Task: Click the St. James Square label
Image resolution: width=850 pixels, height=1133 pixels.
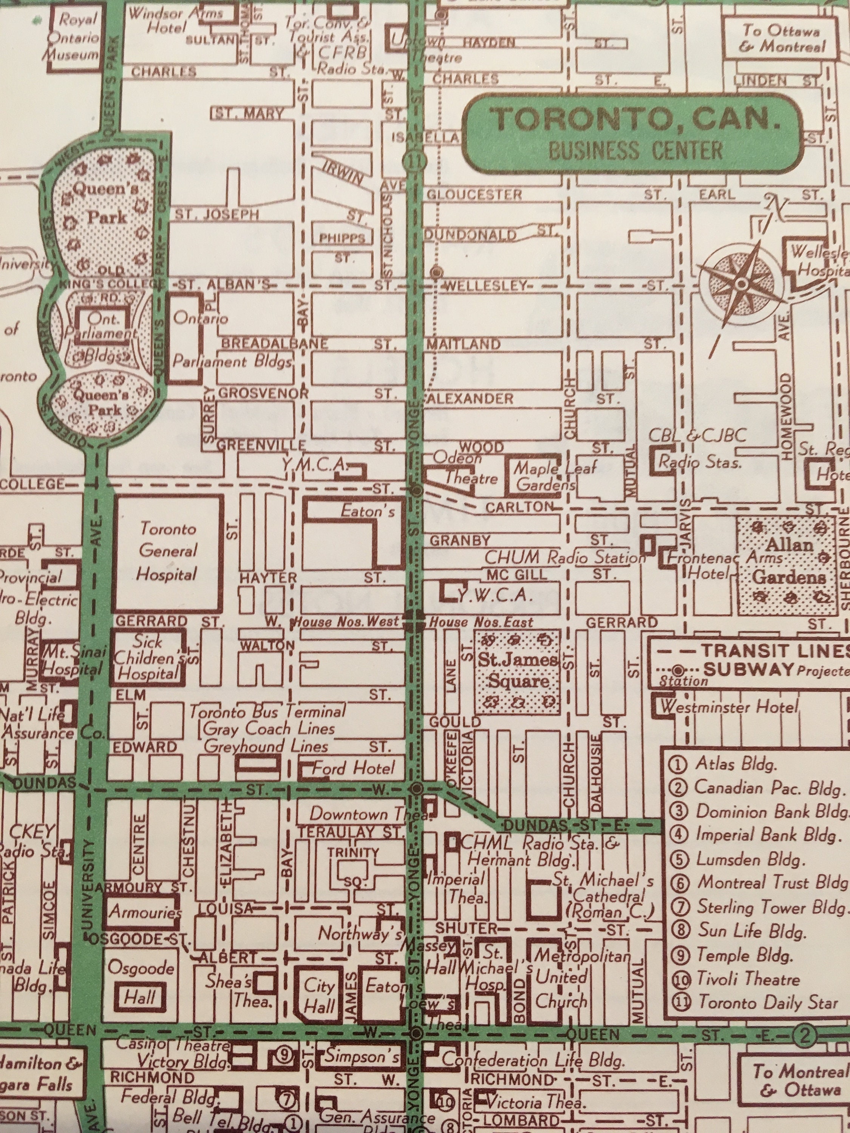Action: click(518, 671)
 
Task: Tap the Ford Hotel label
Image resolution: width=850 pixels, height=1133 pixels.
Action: click(354, 768)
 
